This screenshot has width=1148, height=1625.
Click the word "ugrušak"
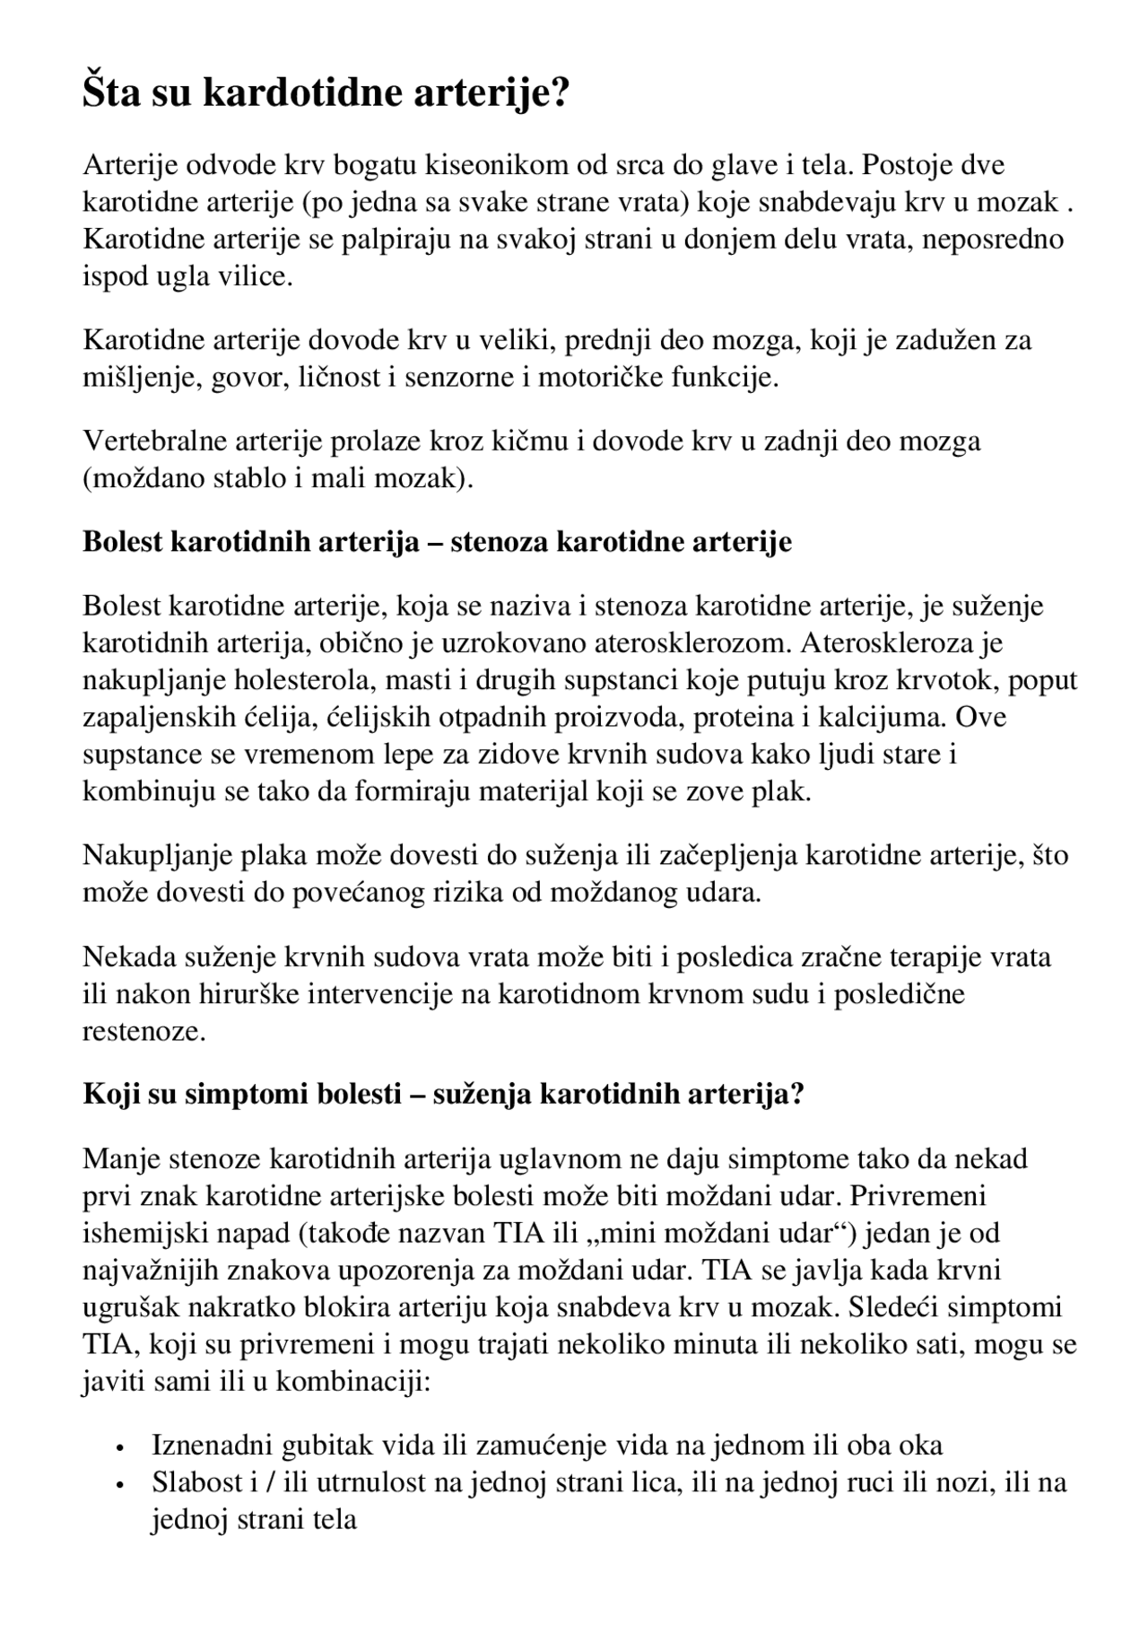click(124, 1307)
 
